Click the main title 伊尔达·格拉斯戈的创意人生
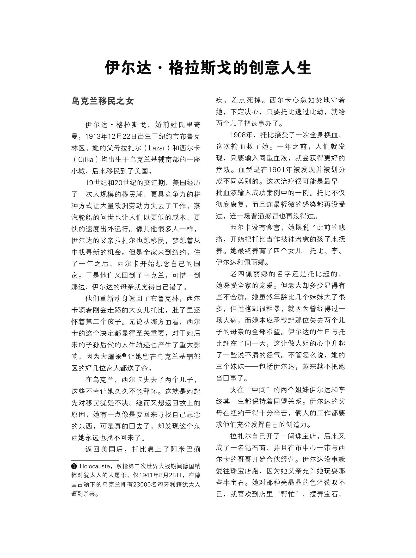tap(208, 67)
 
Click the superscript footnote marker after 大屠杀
tap(124, 355)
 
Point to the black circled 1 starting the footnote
tap(74, 466)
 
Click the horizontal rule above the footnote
tap(95, 460)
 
